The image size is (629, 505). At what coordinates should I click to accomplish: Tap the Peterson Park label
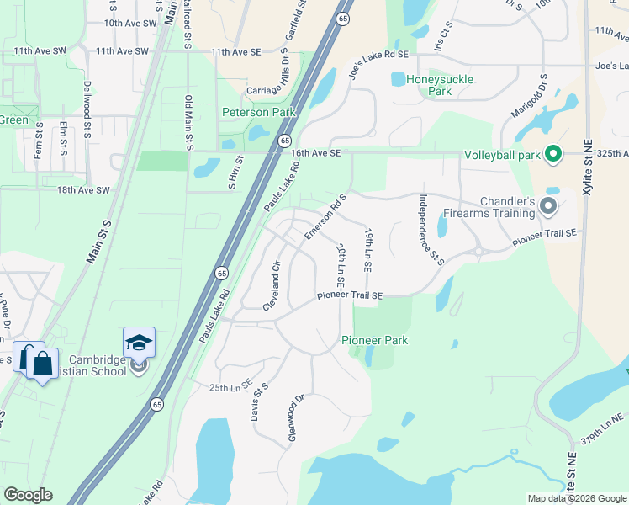[x=257, y=112]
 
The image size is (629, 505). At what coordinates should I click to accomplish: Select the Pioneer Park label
[x=374, y=340]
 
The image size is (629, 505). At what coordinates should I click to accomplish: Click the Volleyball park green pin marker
[x=553, y=154]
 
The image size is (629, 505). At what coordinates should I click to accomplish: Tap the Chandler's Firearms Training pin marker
[x=548, y=205]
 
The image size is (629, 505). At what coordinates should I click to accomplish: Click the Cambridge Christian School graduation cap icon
[x=139, y=342]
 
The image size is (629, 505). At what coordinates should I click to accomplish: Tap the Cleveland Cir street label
[x=271, y=286]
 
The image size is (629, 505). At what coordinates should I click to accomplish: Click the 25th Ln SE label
[x=230, y=386]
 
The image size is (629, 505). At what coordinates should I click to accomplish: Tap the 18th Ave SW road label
[x=84, y=191]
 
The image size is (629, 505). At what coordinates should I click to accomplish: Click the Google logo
[x=28, y=495]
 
